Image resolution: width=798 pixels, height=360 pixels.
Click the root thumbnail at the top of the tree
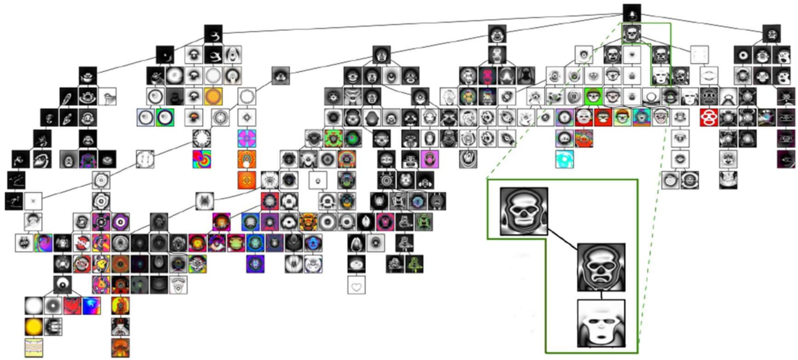[x=632, y=13]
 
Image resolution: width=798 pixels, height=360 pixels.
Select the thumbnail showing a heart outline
[x=356, y=284]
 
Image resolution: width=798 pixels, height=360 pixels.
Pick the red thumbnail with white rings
[x=710, y=117]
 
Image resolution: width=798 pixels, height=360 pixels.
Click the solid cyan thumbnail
[x=566, y=159]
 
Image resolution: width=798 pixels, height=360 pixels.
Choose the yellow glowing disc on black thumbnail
[x=33, y=326]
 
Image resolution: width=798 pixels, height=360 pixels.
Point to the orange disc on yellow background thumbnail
[x=213, y=97]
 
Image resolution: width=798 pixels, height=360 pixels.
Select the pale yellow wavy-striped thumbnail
[x=33, y=347]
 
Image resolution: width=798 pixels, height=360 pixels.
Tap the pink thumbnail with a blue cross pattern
[x=247, y=138]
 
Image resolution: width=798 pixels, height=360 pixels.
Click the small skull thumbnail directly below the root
[x=632, y=35]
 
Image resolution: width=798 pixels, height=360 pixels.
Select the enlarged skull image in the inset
[x=523, y=211]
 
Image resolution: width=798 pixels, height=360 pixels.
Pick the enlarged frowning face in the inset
[x=601, y=267]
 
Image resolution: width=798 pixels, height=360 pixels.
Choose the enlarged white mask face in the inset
[x=601, y=323]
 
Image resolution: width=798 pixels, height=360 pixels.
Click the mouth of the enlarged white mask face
[x=600, y=337]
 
